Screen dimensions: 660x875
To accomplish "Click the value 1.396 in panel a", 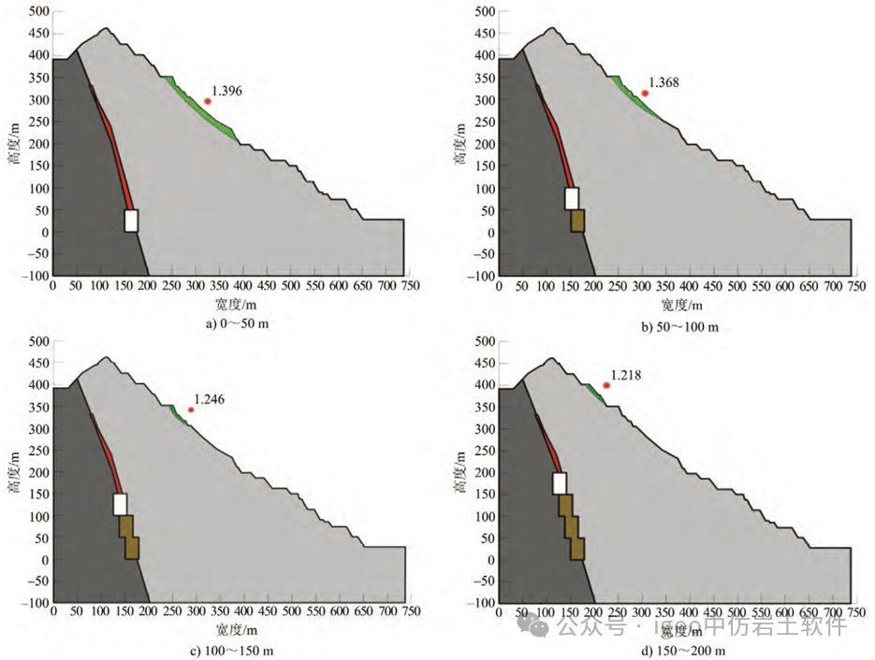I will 227,91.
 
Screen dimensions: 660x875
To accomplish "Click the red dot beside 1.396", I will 208,101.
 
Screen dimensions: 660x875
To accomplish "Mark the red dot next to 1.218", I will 606,385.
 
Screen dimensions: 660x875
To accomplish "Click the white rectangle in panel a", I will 131,220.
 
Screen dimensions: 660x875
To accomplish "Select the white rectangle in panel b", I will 572,198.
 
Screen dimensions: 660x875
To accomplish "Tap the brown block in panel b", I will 577,221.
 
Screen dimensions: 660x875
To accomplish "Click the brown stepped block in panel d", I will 572,528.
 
